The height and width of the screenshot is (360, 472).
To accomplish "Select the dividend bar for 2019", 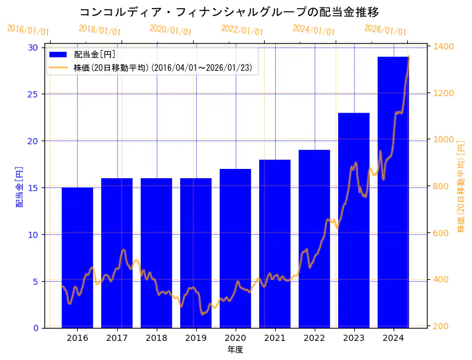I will [x=196, y=253].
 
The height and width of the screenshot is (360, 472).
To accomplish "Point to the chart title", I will [x=229, y=12].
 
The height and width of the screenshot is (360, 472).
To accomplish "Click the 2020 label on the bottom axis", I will [x=235, y=338].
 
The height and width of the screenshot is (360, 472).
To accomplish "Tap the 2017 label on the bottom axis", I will [x=117, y=338].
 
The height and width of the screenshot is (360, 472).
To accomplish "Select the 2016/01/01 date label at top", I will [x=28, y=30].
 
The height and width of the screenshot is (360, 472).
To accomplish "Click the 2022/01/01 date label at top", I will [x=242, y=30].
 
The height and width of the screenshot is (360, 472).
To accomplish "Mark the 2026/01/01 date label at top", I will [x=386, y=30].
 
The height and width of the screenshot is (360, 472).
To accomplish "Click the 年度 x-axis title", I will [x=235, y=350].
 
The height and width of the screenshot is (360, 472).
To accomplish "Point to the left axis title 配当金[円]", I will [x=19, y=187].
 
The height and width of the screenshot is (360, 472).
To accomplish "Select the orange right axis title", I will [x=462, y=187].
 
